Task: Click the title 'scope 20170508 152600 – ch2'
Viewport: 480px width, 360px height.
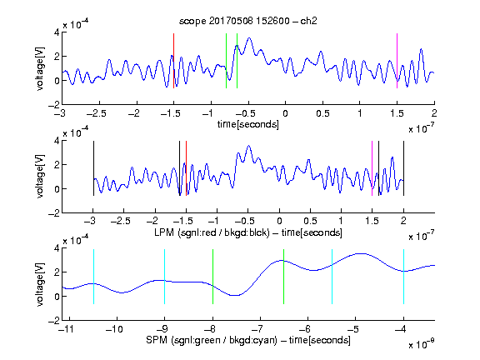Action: [248, 21]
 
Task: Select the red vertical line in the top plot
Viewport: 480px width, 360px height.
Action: [173, 61]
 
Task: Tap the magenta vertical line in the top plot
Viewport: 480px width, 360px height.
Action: [397, 61]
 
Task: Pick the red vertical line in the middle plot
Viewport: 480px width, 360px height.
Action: [186, 168]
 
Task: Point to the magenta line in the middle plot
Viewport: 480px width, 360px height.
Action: [372, 168]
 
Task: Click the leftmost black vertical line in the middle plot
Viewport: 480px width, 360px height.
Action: [93, 168]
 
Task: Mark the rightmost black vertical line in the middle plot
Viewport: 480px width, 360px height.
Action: [403, 168]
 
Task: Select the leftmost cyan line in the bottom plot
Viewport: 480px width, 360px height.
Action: [93, 277]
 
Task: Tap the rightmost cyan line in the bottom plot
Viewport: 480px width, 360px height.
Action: [403, 277]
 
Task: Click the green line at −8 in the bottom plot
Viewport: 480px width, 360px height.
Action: [212, 277]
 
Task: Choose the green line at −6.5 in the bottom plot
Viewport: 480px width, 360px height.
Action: [284, 277]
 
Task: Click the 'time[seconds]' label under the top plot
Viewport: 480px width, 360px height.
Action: [248, 125]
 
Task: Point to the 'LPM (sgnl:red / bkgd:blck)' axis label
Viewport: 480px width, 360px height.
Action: [212, 232]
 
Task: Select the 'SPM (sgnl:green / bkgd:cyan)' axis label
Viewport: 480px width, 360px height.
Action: [212, 340]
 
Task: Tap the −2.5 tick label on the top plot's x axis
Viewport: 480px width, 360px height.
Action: [97, 113]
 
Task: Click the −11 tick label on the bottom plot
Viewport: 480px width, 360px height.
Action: [67, 329]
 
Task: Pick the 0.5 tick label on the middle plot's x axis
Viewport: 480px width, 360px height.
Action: [310, 221]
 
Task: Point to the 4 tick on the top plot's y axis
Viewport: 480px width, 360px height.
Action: [57, 32]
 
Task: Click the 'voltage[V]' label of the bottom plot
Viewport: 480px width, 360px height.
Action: [40, 284]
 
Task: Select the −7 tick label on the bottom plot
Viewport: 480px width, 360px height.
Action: [257, 329]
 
